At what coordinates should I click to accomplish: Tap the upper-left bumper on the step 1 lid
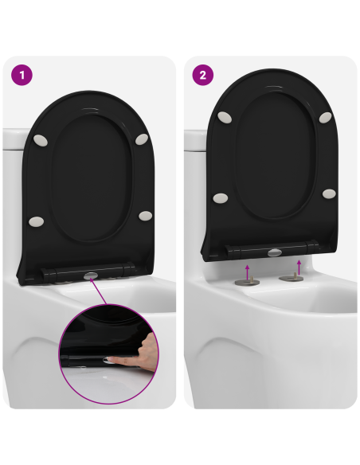click(41, 141)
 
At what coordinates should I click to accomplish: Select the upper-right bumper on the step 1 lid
click(142, 139)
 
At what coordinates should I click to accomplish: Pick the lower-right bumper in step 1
click(144, 214)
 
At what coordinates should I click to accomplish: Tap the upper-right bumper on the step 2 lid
click(325, 117)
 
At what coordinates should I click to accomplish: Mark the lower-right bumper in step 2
click(327, 193)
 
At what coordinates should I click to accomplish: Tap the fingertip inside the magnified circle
click(112, 361)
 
